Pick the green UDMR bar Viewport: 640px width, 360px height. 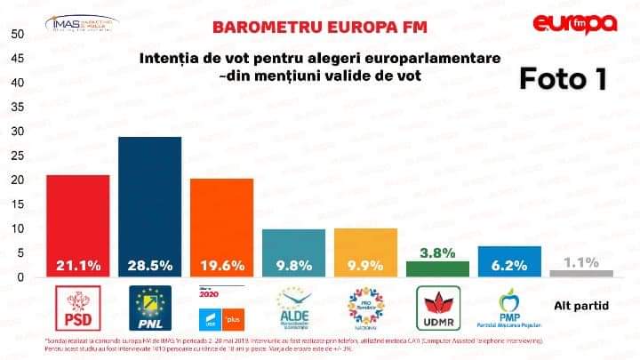tap(436, 268)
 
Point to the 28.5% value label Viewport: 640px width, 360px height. tap(149, 265)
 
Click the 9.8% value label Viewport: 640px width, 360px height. tap(292, 265)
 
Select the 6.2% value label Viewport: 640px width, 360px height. tap(508, 265)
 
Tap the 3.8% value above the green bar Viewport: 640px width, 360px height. tap(436, 252)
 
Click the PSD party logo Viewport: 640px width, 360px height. tap(79, 307)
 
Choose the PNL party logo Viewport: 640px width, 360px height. tap(150, 307)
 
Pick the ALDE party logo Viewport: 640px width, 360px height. tap(292, 308)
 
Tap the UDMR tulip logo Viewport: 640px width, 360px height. tap(436, 307)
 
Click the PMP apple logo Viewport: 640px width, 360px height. tap(508, 308)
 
